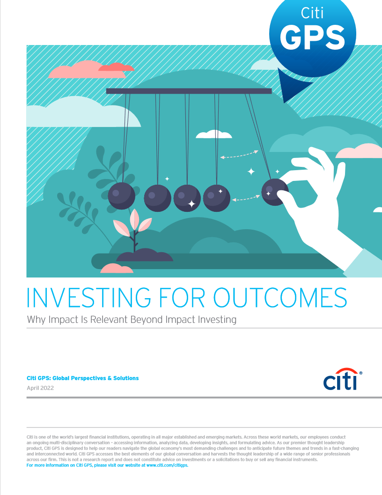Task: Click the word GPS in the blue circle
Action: (x=312, y=37)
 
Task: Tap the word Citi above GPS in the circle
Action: (x=312, y=13)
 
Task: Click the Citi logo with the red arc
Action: (x=342, y=379)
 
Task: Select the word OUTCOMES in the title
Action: (x=280, y=298)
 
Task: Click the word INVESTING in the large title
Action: (x=89, y=298)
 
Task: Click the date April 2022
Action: (x=40, y=388)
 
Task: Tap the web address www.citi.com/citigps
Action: (x=167, y=465)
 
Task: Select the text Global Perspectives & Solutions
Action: (x=95, y=378)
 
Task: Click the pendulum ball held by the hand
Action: (x=275, y=192)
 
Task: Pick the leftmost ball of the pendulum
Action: (x=122, y=196)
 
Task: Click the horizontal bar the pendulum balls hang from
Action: (x=189, y=91)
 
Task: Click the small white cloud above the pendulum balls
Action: (x=214, y=135)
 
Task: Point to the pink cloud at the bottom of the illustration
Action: (x=117, y=268)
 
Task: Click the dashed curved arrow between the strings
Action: (x=240, y=155)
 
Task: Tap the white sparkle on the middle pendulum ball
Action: (x=191, y=204)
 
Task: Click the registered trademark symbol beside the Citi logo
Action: (x=361, y=373)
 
